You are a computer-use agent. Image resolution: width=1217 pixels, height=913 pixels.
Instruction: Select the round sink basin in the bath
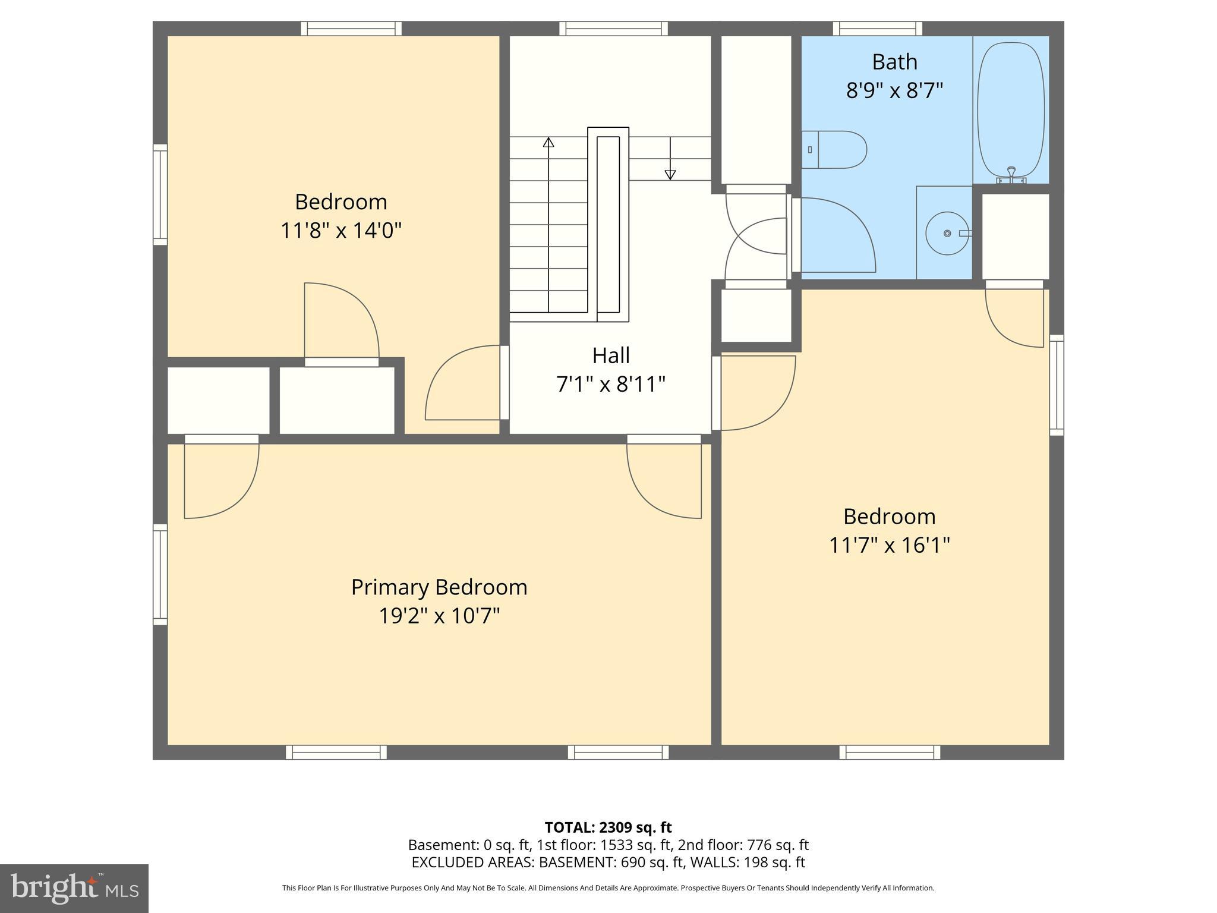947,234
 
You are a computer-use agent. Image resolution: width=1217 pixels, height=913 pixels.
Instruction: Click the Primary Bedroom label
439,587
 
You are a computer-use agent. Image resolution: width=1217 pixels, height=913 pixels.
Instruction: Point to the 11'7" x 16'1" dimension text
889,545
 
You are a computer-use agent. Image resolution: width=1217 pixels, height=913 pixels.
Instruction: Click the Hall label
611,355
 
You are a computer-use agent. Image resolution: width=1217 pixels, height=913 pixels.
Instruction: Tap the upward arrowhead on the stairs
548,143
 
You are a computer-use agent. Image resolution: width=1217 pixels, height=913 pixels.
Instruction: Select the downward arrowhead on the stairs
670,174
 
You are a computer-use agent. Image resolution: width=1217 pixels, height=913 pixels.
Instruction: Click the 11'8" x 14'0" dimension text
341,230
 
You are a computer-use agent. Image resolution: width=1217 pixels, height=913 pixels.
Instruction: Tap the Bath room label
894,62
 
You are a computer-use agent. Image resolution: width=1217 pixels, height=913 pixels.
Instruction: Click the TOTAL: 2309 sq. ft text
608,827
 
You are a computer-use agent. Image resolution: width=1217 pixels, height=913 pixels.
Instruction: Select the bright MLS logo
74,889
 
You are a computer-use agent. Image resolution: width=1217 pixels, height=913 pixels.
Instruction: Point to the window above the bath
877,28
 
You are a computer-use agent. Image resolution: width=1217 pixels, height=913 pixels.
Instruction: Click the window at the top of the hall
613,28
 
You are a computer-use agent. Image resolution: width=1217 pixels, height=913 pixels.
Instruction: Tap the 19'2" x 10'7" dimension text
439,616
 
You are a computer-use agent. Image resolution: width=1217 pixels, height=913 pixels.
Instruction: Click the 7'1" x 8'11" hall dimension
611,385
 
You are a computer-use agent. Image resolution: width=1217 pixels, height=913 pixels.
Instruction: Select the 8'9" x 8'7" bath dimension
894,91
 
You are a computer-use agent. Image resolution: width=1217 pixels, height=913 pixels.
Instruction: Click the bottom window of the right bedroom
890,753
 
